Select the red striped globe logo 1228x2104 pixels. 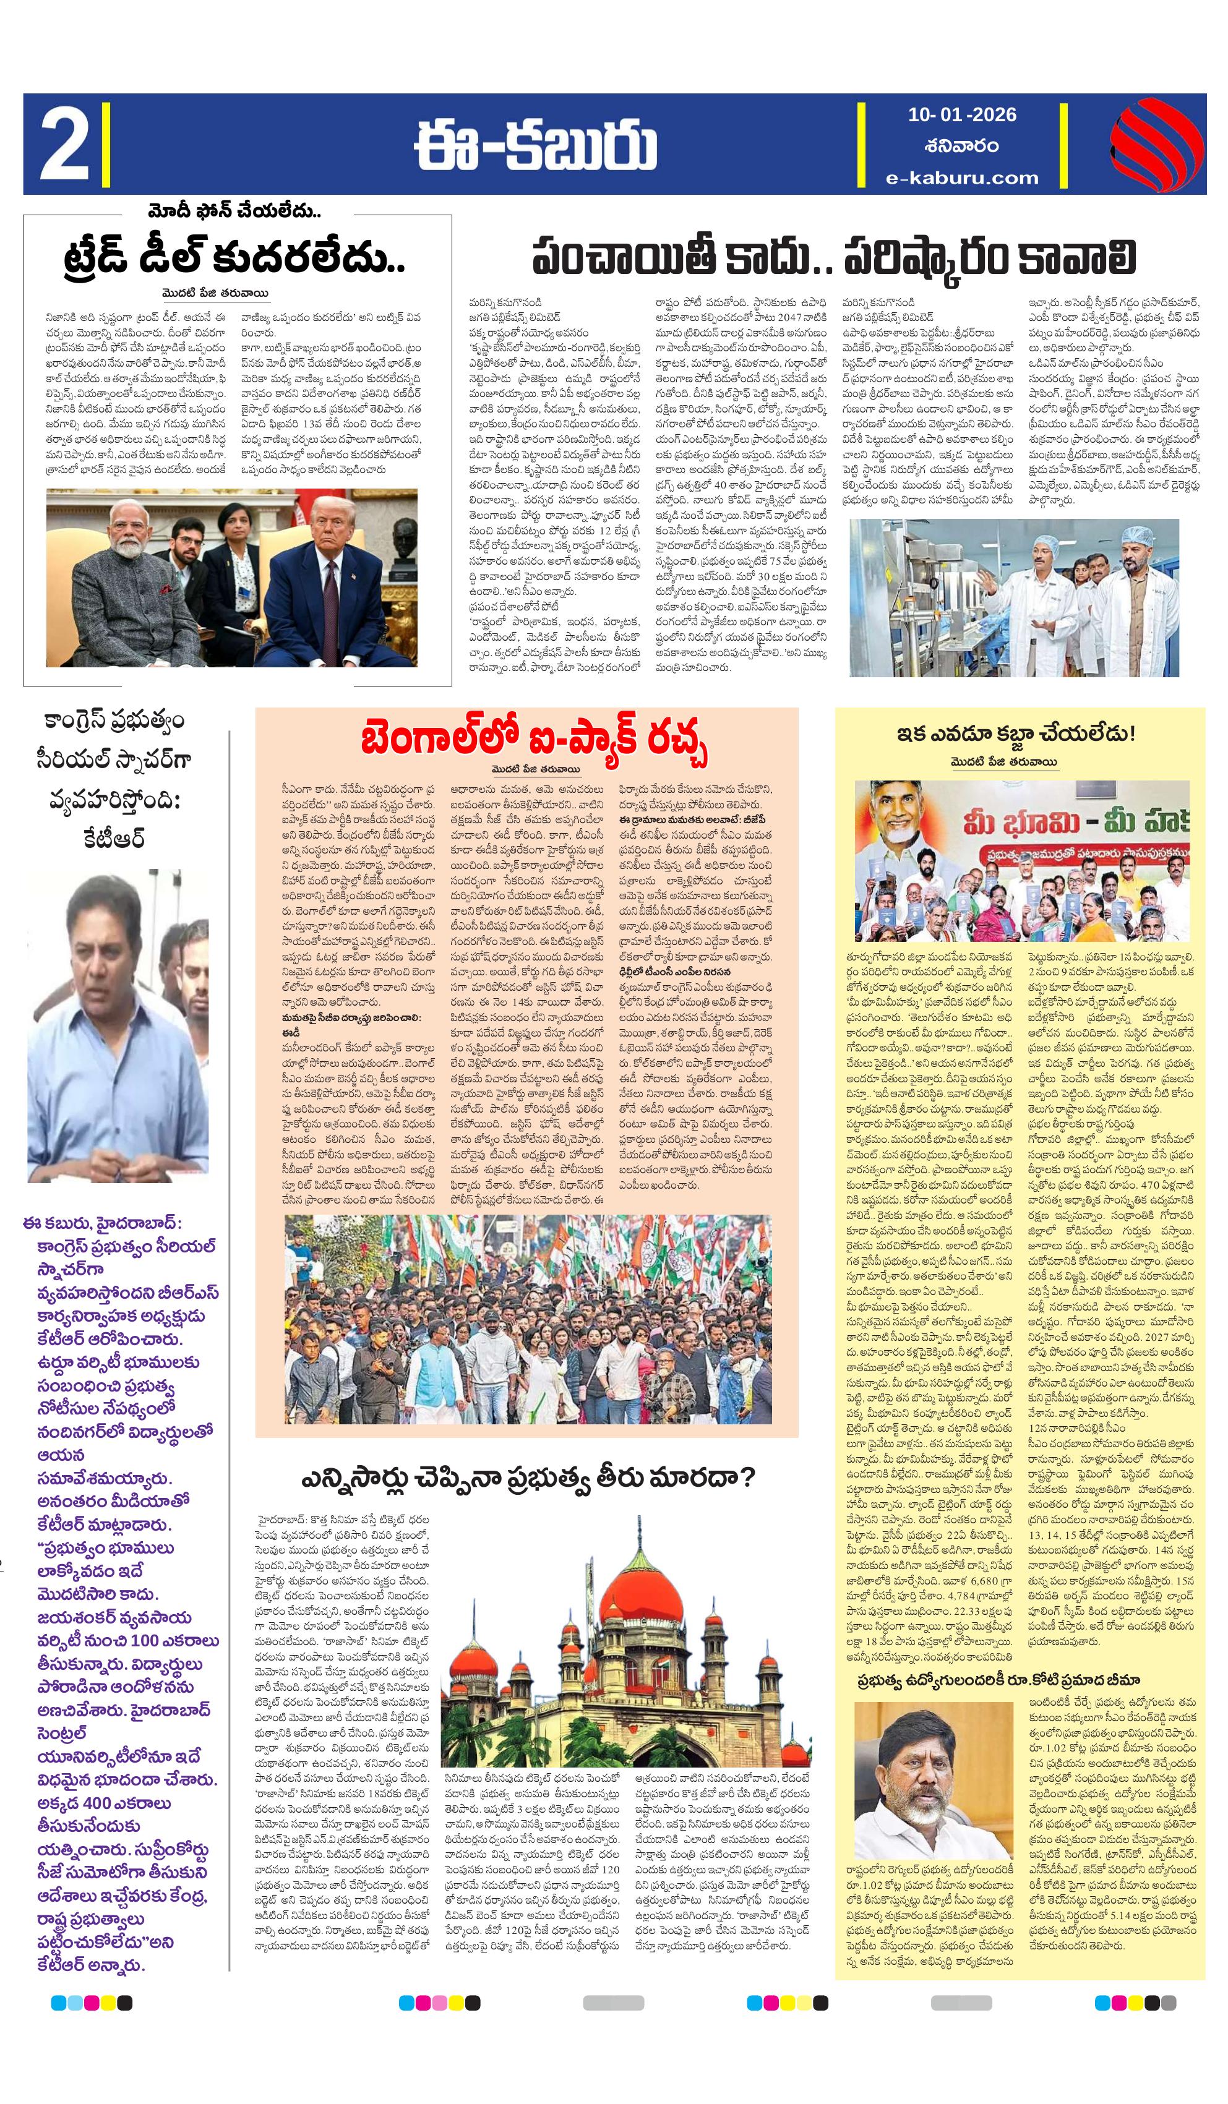(x=1156, y=143)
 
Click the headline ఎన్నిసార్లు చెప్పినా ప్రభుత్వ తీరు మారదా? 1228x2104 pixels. (x=528, y=1478)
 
